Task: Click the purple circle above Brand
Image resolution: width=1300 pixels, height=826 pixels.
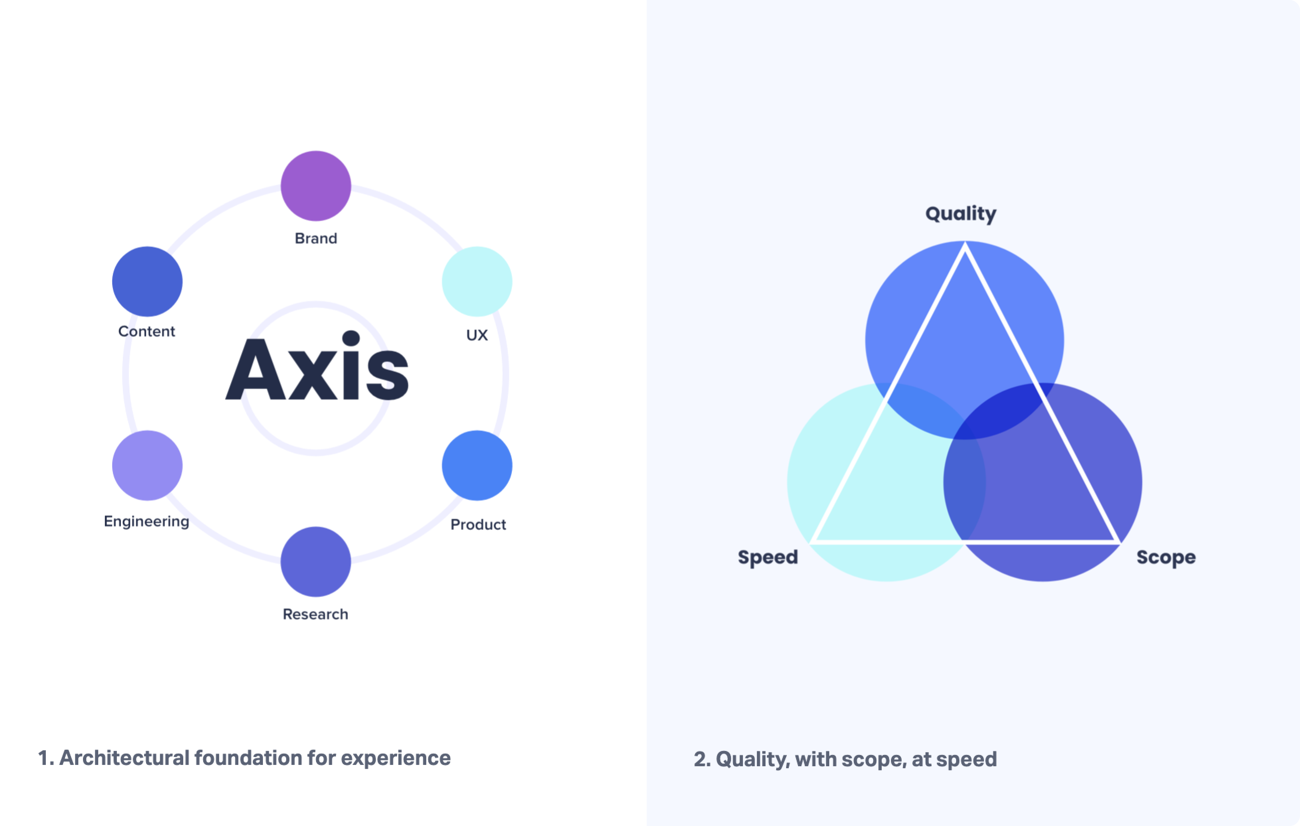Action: click(x=316, y=186)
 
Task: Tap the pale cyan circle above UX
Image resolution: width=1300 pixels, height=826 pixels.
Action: click(x=477, y=281)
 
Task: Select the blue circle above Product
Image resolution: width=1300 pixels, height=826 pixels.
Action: click(x=477, y=465)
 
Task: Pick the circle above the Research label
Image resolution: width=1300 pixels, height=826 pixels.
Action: click(x=316, y=561)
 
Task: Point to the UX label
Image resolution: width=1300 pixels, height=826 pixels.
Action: click(x=477, y=335)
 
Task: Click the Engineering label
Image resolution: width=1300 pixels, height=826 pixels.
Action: click(x=147, y=522)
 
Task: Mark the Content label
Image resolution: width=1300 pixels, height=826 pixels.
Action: click(x=147, y=331)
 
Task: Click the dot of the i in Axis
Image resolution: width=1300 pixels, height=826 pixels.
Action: click(x=351, y=338)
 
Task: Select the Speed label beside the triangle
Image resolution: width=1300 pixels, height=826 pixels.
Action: click(x=768, y=557)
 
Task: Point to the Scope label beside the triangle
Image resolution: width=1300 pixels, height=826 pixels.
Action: click(x=1166, y=557)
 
